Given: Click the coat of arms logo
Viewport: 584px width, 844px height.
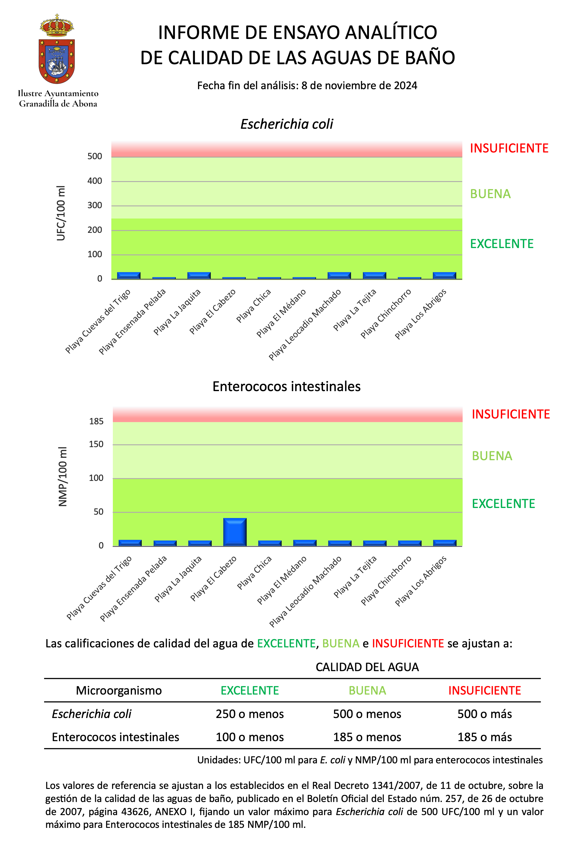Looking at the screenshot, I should pos(57,49).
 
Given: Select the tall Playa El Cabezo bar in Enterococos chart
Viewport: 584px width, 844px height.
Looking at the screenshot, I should pos(235,532).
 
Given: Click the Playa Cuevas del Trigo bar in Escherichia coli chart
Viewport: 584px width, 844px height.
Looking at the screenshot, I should pos(128,275).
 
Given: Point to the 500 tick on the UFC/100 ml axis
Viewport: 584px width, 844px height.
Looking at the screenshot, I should pos(95,156).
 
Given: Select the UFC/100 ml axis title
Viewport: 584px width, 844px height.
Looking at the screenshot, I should pos(61,213).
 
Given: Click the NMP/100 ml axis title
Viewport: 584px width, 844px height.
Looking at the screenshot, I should pos(63,476).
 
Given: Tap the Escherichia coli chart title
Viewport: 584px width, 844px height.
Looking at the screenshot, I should pos(287,124).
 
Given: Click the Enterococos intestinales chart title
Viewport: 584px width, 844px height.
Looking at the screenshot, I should pos(287,387).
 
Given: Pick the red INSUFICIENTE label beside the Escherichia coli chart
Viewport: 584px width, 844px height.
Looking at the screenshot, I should pos(509,148).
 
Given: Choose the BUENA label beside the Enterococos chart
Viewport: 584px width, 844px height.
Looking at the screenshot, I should pos(492,456).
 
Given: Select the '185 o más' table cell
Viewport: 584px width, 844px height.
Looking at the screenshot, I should pos(485,737).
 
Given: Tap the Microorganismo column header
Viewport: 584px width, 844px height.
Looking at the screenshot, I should pos(119,691).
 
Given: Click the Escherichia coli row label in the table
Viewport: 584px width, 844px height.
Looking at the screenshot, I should pos(92,714).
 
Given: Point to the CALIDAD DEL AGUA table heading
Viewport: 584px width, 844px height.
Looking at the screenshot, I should pos(367,667).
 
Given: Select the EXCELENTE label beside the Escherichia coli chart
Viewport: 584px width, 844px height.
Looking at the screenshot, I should pos(502,244).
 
